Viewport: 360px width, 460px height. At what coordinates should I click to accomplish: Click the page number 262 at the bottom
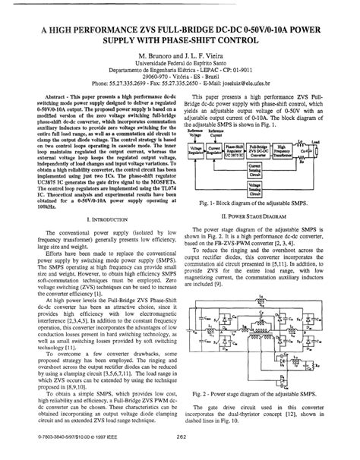[x=180, y=446]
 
